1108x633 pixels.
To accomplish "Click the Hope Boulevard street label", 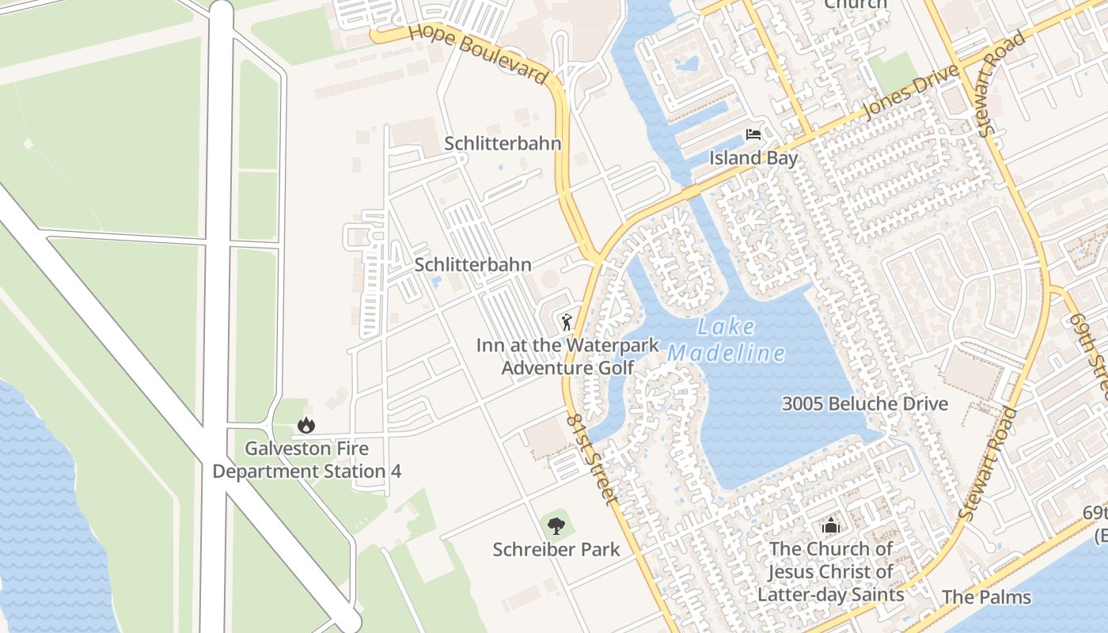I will coord(479,54).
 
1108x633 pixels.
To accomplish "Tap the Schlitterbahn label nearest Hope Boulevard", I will coord(503,143).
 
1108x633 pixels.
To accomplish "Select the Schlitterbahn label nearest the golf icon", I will coord(472,264).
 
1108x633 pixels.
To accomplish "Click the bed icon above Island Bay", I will coord(753,135).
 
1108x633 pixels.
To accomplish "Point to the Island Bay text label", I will coord(753,157).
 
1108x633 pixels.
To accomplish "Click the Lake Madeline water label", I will coord(727,340).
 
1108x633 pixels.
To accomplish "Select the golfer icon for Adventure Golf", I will coord(566,322).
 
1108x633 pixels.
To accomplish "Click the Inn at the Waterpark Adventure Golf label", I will coord(567,356).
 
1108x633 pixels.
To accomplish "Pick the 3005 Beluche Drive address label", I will coord(864,404).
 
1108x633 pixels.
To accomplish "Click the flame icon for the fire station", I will coord(306,426).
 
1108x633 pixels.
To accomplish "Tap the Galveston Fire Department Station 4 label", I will coord(306,460).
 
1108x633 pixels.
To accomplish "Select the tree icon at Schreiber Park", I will coord(556,525).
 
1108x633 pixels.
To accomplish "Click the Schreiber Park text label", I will coord(556,549).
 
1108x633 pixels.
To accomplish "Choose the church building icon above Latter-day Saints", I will coord(830,525).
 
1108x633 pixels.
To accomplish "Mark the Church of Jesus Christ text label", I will coord(830,571).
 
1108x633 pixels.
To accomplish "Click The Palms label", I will coord(986,597).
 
